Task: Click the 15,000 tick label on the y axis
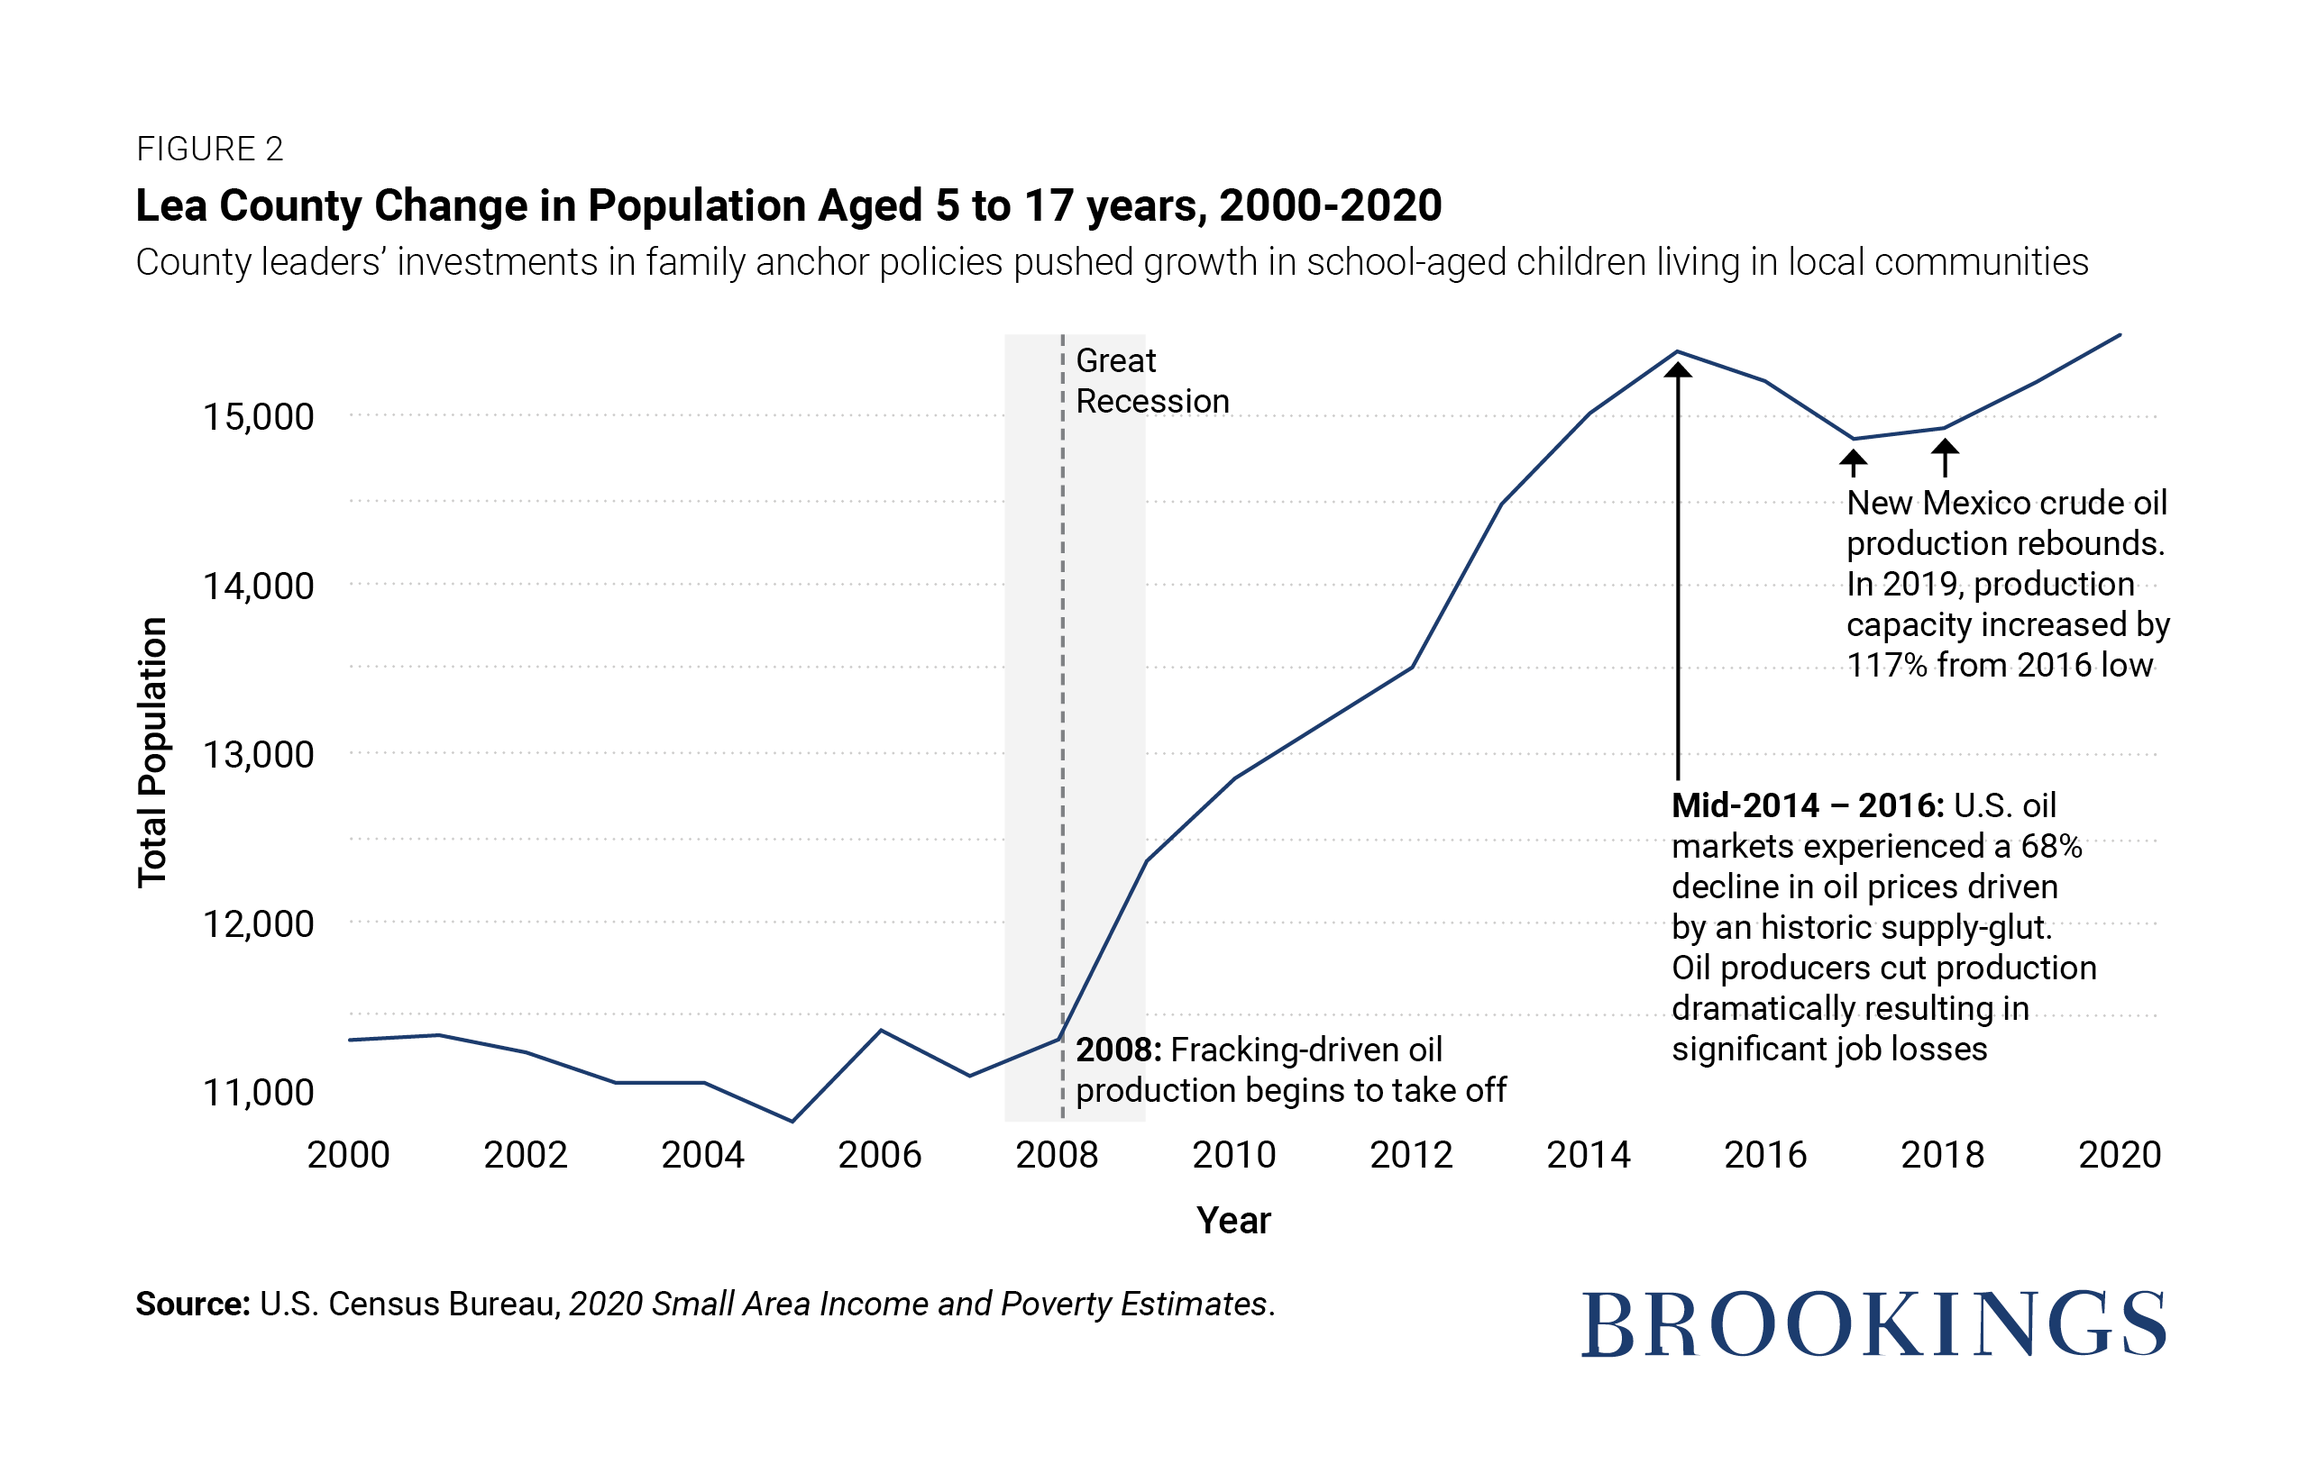click(258, 418)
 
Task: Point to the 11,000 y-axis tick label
click(258, 1093)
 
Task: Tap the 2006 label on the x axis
click(880, 1155)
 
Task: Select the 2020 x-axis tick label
click(2120, 1155)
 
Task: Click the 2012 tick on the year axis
click(1411, 1155)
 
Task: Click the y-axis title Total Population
click(153, 752)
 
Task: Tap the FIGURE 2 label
click(210, 150)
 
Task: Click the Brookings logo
click(1873, 1325)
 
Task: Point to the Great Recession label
click(1152, 381)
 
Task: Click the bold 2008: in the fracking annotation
click(1119, 1050)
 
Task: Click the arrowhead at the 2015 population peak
click(1678, 369)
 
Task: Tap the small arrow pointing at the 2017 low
click(1854, 464)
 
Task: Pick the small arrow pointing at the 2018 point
click(1945, 458)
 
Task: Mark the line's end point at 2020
click(2120, 335)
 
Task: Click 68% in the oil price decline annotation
click(2052, 847)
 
